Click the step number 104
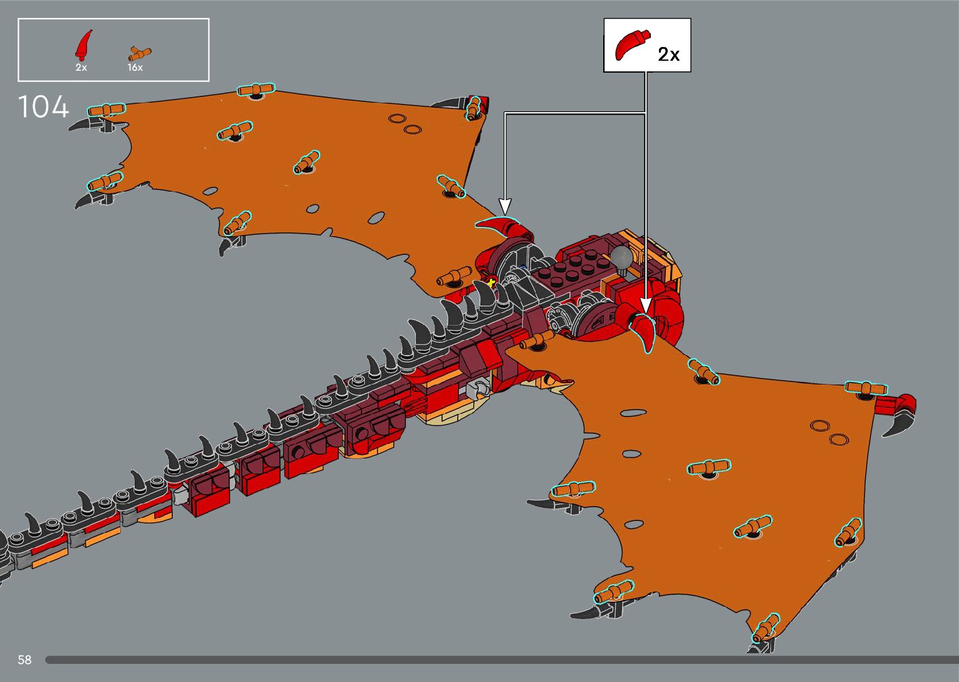point(43,107)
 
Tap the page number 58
point(24,659)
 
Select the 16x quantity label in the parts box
point(135,68)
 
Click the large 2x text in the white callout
point(668,55)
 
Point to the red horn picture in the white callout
point(631,44)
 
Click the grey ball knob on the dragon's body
point(621,256)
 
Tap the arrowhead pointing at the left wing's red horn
point(505,207)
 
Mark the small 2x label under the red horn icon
point(81,68)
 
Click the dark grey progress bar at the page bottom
point(501,659)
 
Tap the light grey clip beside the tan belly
point(478,388)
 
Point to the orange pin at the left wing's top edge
point(256,90)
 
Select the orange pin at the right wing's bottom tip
point(765,629)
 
